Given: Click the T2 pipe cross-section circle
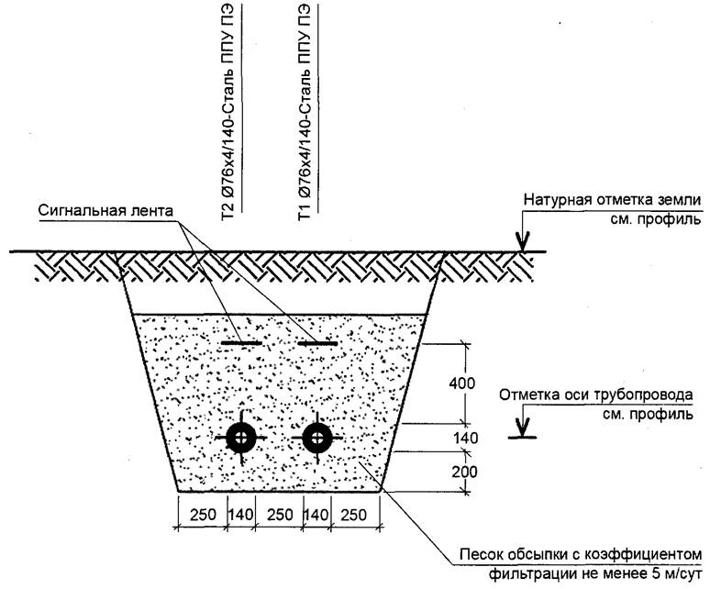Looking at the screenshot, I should tap(243, 439).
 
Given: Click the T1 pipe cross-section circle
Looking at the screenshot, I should tap(318, 439).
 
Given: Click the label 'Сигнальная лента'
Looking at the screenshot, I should tap(105, 210).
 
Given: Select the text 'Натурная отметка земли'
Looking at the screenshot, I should tap(612, 199).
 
